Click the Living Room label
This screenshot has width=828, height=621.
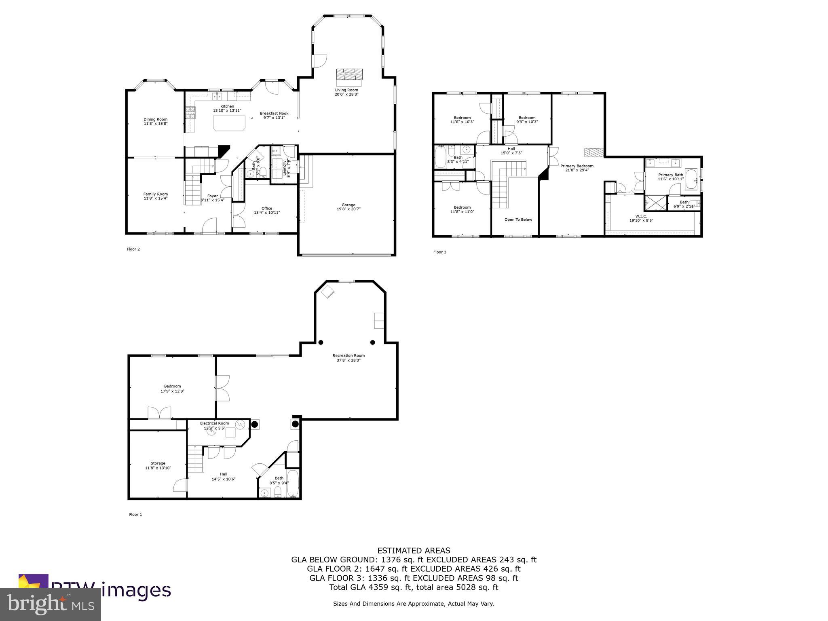pyautogui.click(x=346, y=90)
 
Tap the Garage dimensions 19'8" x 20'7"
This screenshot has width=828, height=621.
pyautogui.click(x=349, y=209)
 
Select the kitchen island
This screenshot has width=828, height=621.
pyautogui.click(x=229, y=123)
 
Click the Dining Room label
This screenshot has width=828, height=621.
pyautogui.click(x=155, y=119)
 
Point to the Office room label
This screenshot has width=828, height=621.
pyautogui.click(x=266, y=208)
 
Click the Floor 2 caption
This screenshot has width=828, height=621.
pyautogui.click(x=133, y=249)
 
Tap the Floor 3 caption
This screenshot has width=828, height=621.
pyautogui.click(x=439, y=252)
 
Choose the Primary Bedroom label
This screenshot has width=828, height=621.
pyautogui.click(x=577, y=166)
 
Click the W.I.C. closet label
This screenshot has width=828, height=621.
pyautogui.click(x=641, y=216)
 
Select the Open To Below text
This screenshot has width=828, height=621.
pyautogui.click(x=518, y=220)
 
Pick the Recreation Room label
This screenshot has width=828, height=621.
pyautogui.click(x=349, y=355)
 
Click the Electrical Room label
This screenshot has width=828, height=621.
pyautogui.click(x=214, y=423)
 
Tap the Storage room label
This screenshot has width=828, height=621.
pyautogui.click(x=158, y=463)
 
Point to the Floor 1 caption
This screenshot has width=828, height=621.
pyautogui.click(x=135, y=515)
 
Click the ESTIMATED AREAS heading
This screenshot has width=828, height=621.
pyautogui.click(x=414, y=550)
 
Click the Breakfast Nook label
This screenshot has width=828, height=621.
pyautogui.click(x=274, y=113)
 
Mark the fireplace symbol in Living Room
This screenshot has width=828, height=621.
pyautogui.click(x=349, y=74)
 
